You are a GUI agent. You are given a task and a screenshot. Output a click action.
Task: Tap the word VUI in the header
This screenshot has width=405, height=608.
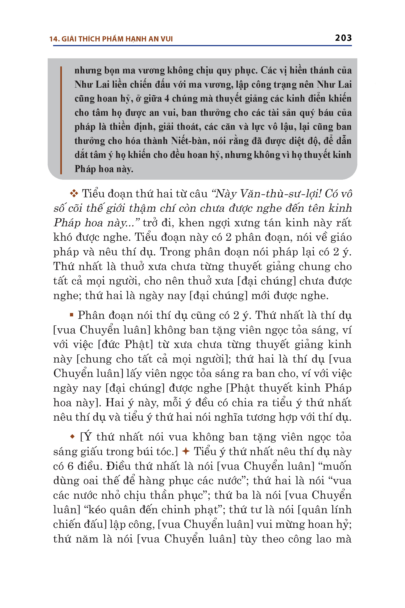coord(166,39)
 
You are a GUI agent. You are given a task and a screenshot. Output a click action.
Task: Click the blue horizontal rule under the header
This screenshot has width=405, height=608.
coord(202,46)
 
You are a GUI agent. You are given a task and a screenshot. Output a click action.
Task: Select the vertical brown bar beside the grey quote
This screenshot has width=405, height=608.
coord(61,120)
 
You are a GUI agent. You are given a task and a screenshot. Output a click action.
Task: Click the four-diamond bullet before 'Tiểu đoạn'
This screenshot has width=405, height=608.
coord(74,193)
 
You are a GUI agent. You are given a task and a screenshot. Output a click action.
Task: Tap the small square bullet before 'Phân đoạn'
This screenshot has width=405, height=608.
coord(72,315)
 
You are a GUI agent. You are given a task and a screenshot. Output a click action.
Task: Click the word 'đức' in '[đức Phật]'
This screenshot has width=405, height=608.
coord(110,344)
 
